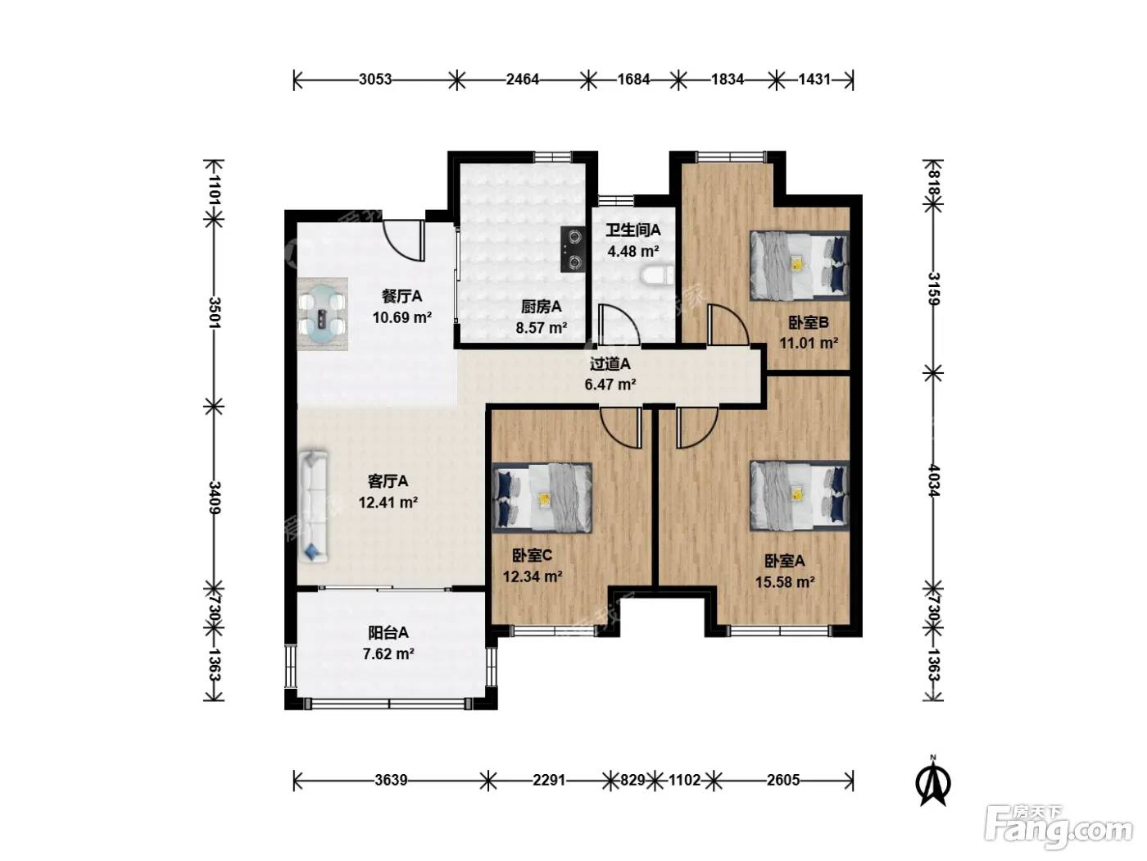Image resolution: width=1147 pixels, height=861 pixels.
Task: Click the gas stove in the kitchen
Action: pyautogui.click(x=573, y=248)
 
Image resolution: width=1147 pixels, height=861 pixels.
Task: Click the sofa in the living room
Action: pyautogui.click(x=313, y=505)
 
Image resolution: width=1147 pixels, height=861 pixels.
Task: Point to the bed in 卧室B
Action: pyautogui.click(x=800, y=266)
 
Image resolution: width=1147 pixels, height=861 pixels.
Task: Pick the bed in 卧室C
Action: pyautogui.click(x=542, y=497)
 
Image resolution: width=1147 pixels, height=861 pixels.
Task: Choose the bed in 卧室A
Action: pyautogui.click(x=800, y=495)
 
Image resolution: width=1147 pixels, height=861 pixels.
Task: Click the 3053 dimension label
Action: pyautogui.click(x=375, y=80)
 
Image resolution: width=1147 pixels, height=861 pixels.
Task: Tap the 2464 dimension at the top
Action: pyautogui.click(x=523, y=80)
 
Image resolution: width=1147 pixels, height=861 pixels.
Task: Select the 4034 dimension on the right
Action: pyautogui.click(x=933, y=481)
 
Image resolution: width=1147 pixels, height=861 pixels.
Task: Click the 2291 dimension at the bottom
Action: pyautogui.click(x=549, y=780)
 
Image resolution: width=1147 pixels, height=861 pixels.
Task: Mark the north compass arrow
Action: pyautogui.click(x=933, y=781)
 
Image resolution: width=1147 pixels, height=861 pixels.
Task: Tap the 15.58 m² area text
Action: pyautogui.click(x=785, y=582)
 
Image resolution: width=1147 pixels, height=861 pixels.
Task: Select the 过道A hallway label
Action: pyautogui.click(x=610, y=363)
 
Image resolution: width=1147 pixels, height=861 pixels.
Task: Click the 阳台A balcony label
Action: pyautogui.click(x=388, y=632)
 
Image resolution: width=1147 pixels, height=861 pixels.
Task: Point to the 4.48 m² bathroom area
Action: pyautogui.click(x=632, y=252)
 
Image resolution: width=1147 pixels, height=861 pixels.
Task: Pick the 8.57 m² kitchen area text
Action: pyautogui.click(x=542, y=328)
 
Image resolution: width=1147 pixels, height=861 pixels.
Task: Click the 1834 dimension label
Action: pyautogui.click(x=728, y=80)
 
